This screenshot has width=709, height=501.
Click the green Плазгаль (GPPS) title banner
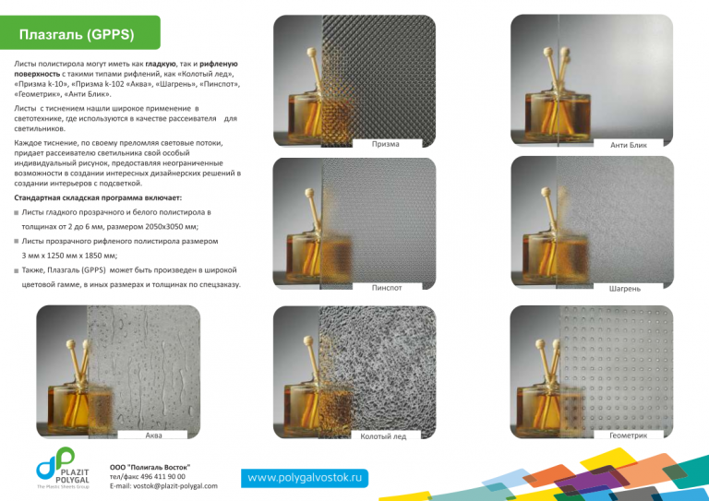(80, 32)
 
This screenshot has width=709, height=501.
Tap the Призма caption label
(386, 144)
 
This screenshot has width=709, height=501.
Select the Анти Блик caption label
(629, 145)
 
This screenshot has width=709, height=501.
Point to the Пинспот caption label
(387, 287)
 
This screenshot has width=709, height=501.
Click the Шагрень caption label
(625, 288)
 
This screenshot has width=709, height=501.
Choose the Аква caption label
(154, 435)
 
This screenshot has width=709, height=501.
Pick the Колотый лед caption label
(383, 435)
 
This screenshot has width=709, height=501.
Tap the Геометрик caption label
(628, 435)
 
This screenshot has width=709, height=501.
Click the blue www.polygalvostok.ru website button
(305, 478)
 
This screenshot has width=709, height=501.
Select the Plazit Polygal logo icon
(55, 463)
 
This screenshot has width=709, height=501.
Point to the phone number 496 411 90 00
(161, 477)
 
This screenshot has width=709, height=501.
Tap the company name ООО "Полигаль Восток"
(150, 467)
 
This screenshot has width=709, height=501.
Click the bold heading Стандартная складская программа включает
(98, 197)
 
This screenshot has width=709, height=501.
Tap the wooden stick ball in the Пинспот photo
(309, 194)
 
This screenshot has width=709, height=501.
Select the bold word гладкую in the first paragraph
(161, 65)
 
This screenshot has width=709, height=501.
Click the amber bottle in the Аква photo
(80, 407)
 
